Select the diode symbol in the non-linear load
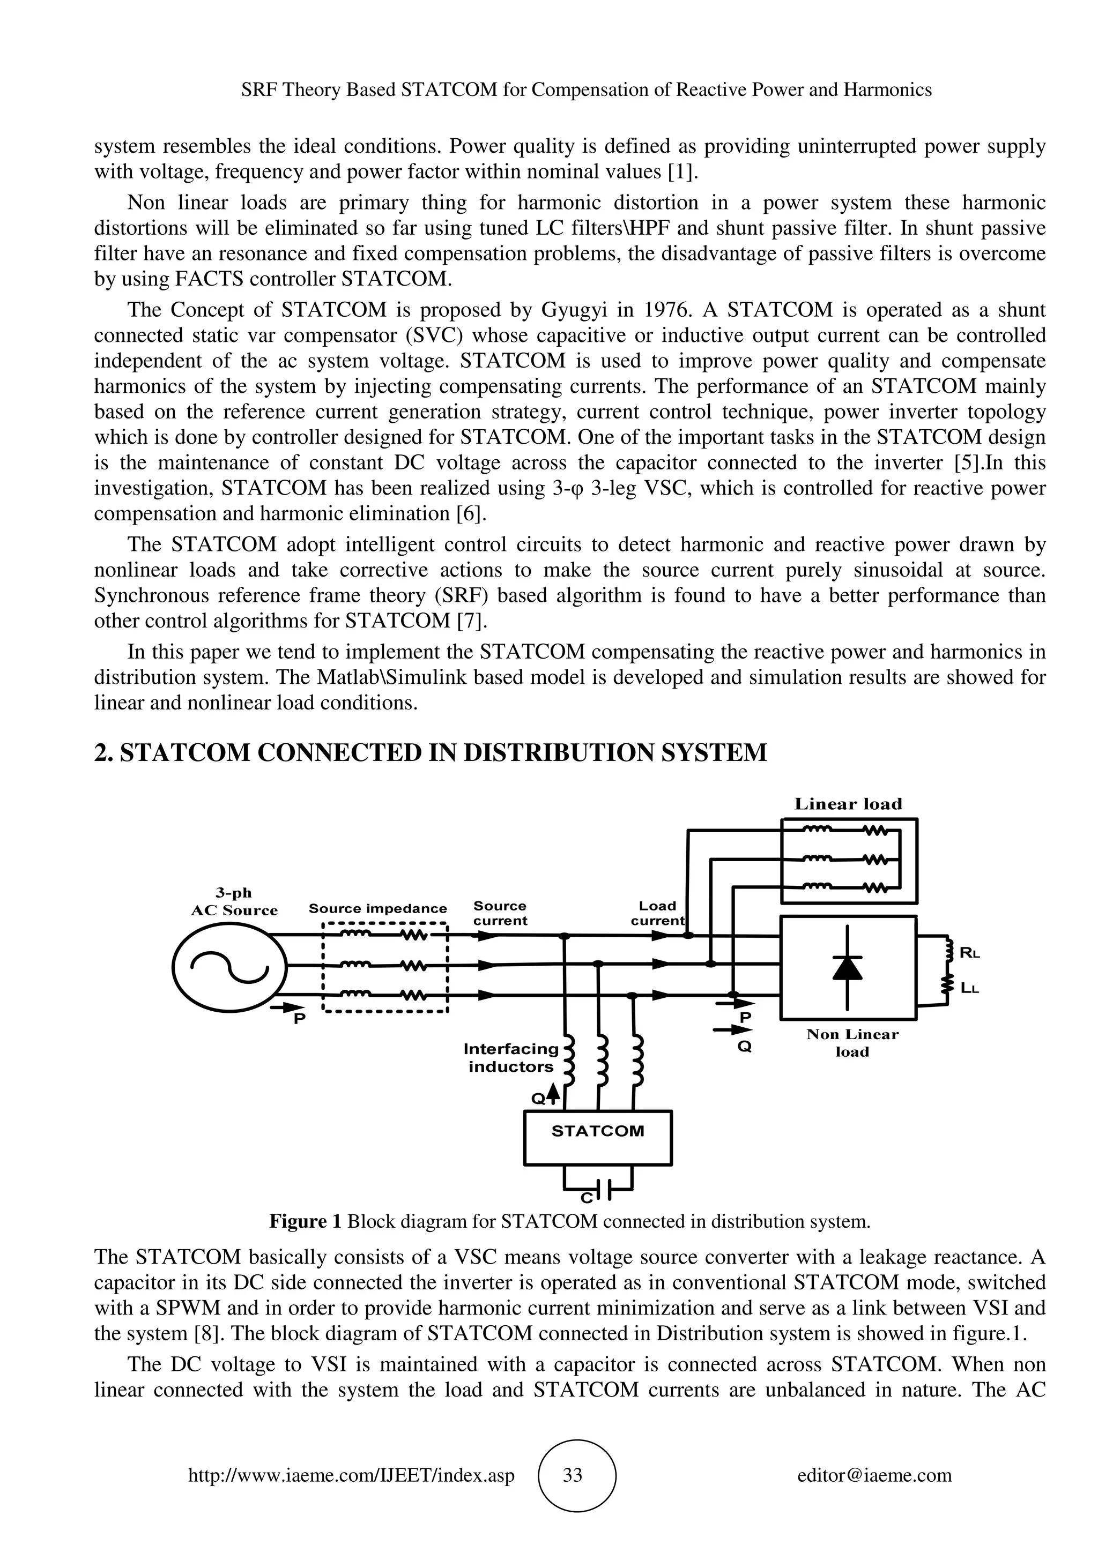pyautogui.click(x=847, y=968)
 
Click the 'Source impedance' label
pyautogui.click(x=377, y=908)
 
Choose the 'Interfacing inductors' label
pyautogui.click(x=511, y=1058)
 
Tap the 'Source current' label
pyautogui.click(x=500, y=913)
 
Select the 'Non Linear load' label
pyautogui.click(x=852, y=1042)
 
